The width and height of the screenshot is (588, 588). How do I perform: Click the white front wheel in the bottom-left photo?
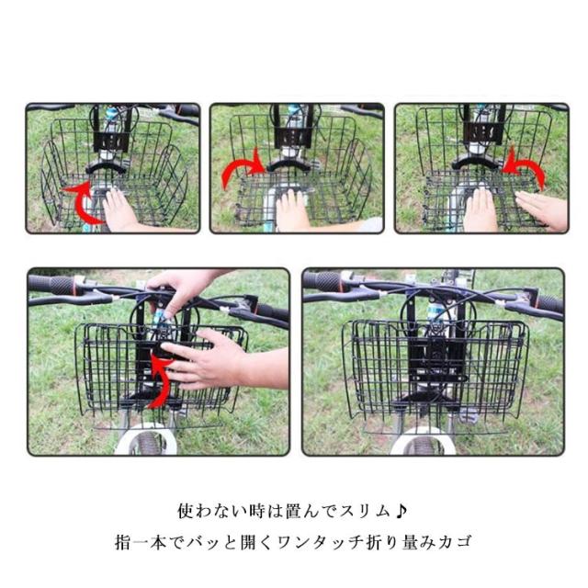pos(145,439)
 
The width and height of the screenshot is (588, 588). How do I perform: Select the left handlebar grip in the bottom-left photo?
pos(52,286)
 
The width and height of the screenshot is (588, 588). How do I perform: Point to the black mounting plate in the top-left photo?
pos(111,141)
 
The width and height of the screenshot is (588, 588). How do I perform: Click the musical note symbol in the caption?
pos(401,511)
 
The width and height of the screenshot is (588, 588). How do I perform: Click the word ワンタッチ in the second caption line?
pos(322,542)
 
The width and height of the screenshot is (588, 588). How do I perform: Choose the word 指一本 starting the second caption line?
pos(141,542)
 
